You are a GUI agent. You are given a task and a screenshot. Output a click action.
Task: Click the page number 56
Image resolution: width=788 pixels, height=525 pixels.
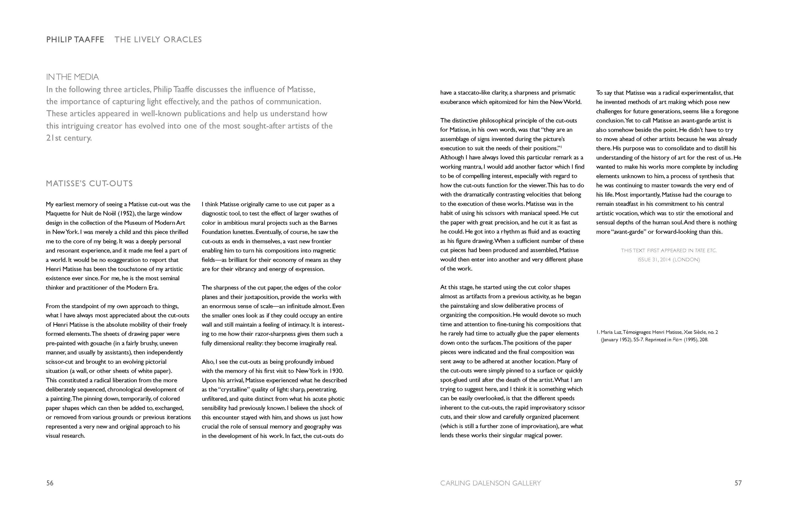coord(50,483)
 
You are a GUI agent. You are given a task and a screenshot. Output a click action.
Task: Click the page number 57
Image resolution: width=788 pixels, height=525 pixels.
coord(738,483)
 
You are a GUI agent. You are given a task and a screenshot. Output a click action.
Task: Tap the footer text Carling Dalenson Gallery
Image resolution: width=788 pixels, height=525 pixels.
coord(490,483)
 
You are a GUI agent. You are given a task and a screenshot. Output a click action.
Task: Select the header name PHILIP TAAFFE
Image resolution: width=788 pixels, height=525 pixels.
coord(75,39)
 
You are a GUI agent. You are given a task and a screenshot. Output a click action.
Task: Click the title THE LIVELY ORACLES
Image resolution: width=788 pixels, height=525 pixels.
coord(158,39)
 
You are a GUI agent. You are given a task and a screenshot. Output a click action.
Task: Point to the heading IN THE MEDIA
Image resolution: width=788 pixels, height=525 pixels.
coord(72,77)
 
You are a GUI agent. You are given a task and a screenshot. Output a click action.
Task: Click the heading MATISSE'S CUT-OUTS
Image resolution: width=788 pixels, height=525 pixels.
coord(89,184)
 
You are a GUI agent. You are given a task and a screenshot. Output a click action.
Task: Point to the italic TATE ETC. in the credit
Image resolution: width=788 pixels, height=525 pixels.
coord(706,250)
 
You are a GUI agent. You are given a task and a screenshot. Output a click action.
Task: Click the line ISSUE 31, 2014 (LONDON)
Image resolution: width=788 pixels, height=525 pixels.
coord(669,260)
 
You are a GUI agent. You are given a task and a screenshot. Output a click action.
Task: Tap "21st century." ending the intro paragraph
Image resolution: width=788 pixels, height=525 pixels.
coord(69,138)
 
